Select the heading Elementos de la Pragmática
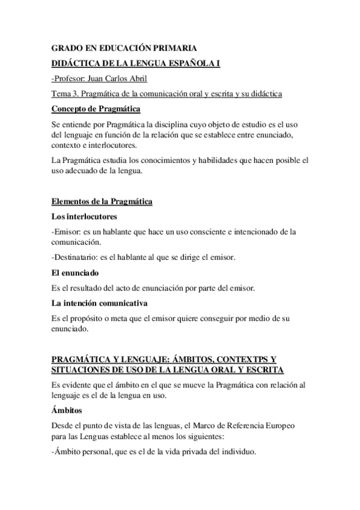pyautogui.click(x=102, y=202)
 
